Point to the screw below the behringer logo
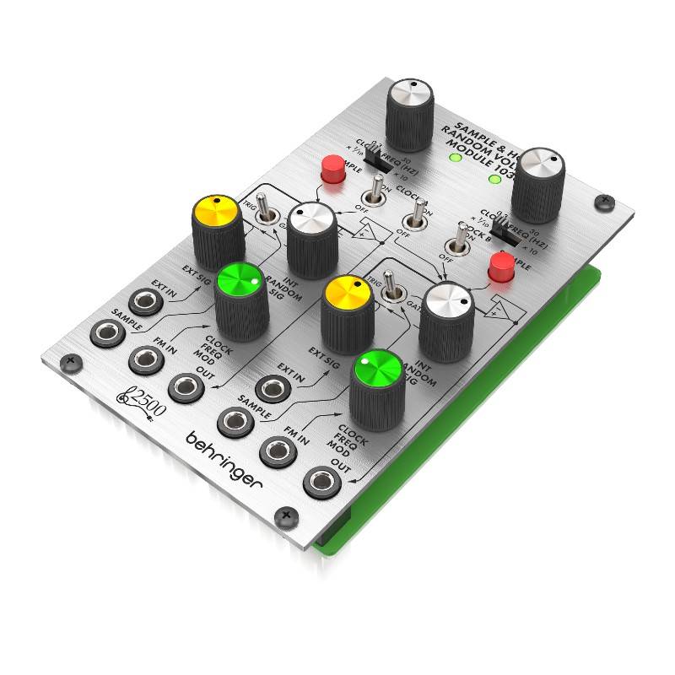[x=287, y=514]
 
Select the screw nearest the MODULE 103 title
[x=602, y=202]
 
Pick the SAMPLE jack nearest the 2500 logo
[x=105, y=332]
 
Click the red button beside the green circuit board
[x=501, y=269]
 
